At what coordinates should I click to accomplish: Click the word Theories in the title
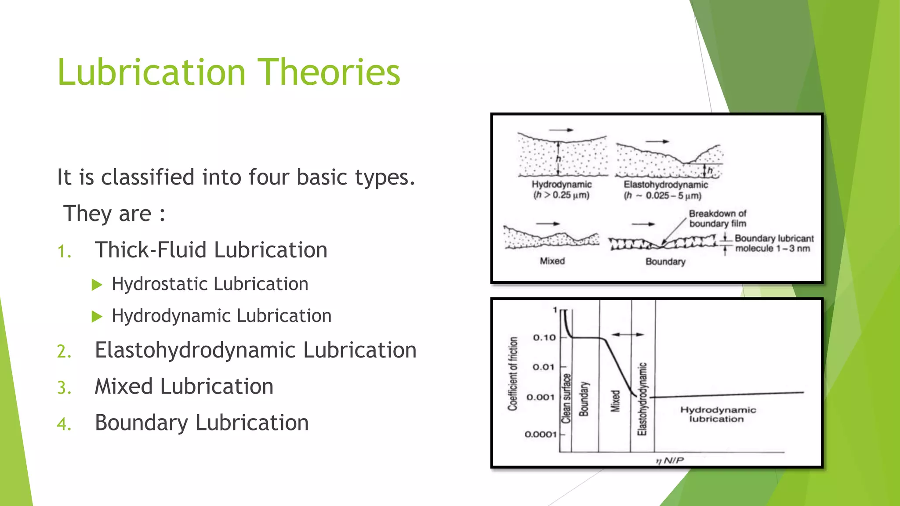[x=328, y=72]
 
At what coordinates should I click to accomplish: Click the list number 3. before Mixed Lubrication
[x=64, y=388]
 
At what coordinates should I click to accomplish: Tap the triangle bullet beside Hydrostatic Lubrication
[x=97, y=285]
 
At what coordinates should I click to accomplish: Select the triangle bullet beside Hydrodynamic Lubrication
[x=97, y=316]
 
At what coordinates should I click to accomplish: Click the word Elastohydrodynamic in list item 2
[x=195, y=351]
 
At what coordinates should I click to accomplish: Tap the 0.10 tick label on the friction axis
[x=544, y=337]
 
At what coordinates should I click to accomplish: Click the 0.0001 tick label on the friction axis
[x=541, y=434]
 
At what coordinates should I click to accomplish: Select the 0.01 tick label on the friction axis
[x=543, y=367]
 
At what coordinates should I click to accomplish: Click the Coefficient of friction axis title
[x=512, y=374]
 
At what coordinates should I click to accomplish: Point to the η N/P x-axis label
[x=670, y=460]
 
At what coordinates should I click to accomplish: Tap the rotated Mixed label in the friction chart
[x=615, y=401]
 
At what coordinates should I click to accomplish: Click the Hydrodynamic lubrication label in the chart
[x=718, y=414]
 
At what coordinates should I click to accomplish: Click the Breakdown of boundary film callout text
[x=717, y=218]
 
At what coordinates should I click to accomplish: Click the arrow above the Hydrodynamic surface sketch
[x=561, y=130]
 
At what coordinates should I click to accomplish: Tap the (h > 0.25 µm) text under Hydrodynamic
[x=561, y=195]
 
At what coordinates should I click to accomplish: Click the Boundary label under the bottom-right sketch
[x=665, y=262]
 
